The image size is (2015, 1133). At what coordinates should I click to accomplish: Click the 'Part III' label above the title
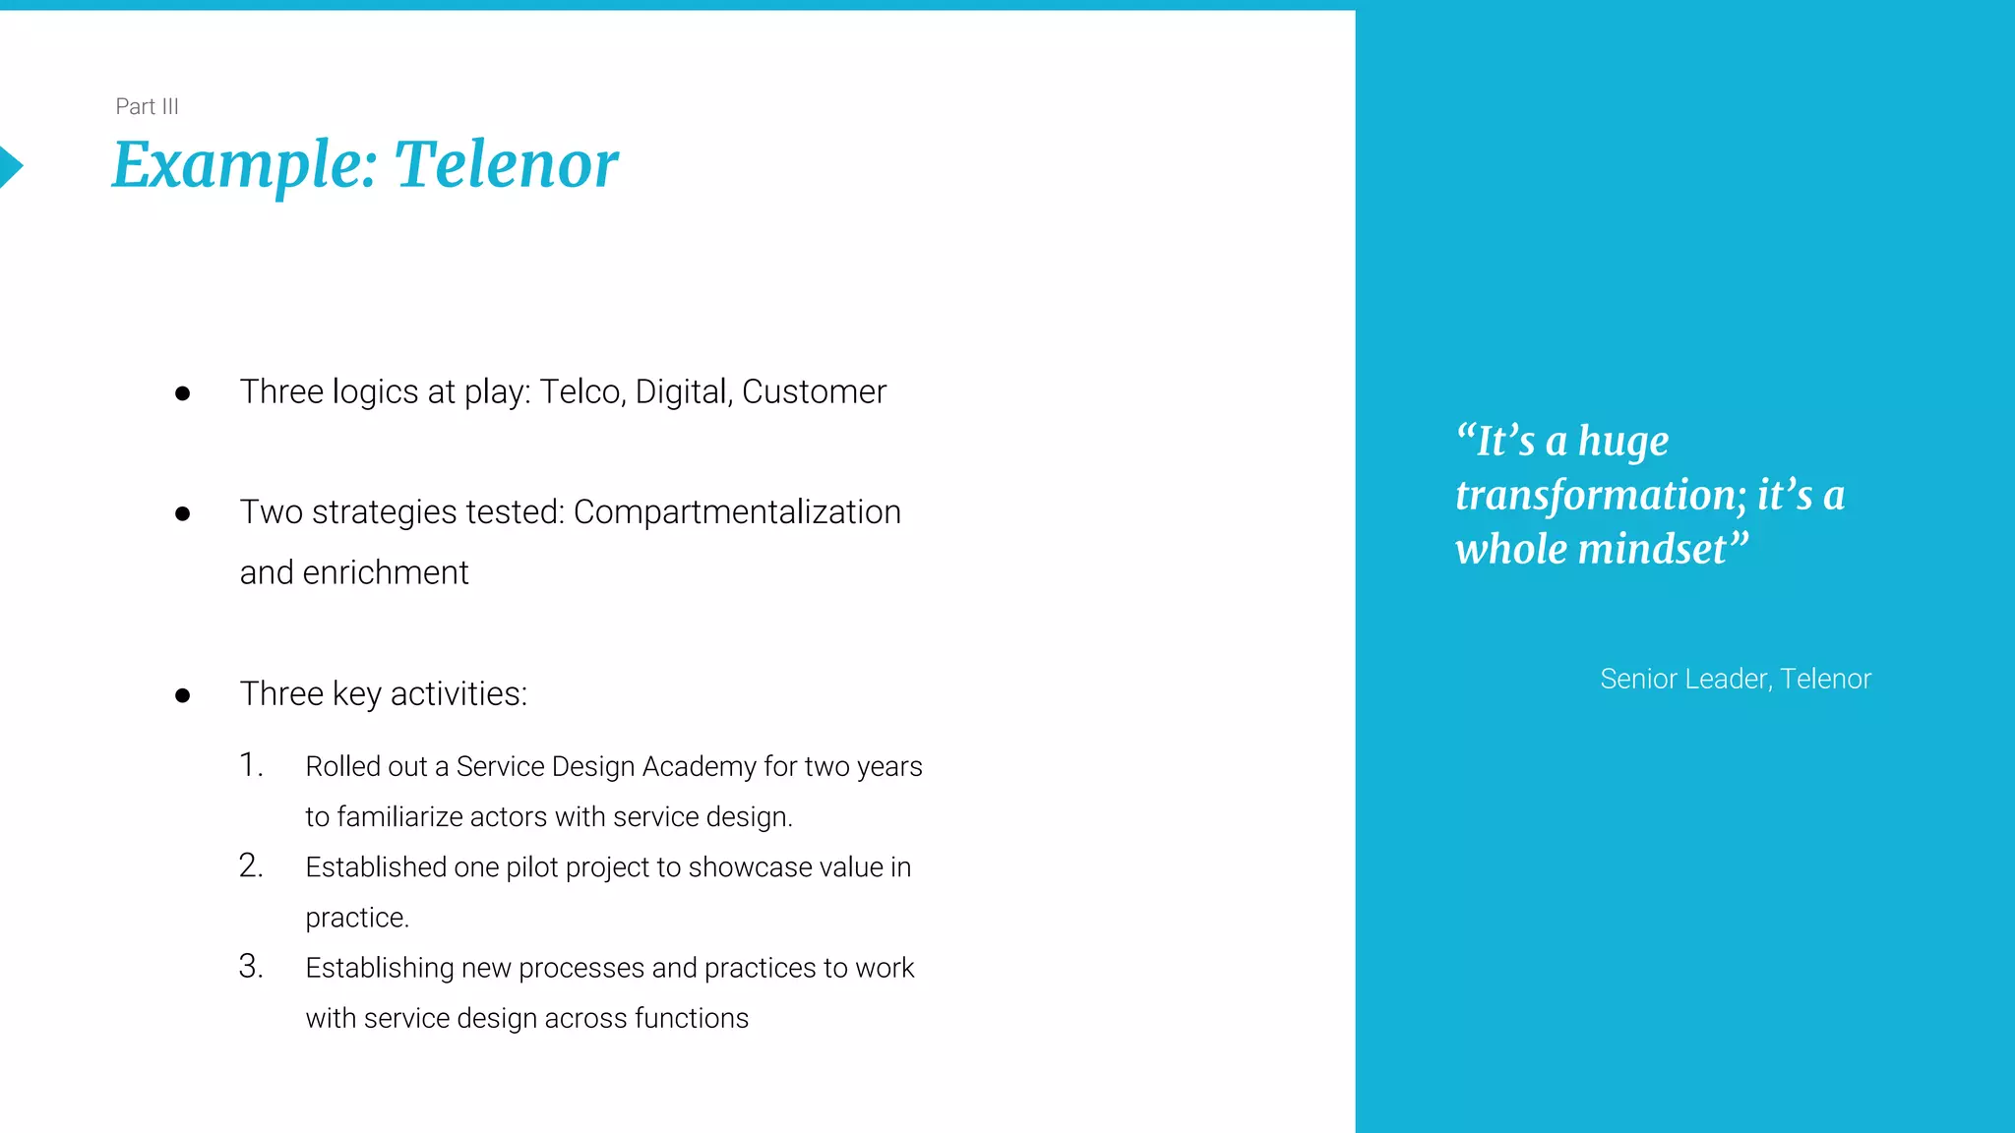[x=147, y=106]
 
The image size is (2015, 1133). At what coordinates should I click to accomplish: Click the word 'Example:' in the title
[x=245, y=164]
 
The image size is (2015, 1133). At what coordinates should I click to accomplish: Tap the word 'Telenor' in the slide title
[x=507, y=164]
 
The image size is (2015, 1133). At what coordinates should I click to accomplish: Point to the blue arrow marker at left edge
[x=10, y=166]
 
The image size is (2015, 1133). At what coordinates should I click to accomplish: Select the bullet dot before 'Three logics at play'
[x=182, y=394]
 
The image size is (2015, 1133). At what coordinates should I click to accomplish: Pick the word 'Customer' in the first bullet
[x=814, y=391]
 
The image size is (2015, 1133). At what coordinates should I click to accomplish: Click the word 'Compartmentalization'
[x=737, y=512]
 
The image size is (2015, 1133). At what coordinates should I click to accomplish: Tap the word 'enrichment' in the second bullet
[x=386, y=572]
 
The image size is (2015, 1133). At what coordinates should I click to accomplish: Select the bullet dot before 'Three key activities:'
[x=182, y=696]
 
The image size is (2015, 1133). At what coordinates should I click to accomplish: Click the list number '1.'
[x=252, y=765]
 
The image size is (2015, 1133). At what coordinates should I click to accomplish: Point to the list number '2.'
[x=251, y=865]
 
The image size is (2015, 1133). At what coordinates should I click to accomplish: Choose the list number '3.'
[x=251, y=967]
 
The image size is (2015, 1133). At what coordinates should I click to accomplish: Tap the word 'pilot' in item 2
[x=532, y=867]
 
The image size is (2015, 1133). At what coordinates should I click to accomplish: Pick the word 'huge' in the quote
[x=1623, y=442]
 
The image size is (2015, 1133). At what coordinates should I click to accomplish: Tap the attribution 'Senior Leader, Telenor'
[x=1735, y=679]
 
